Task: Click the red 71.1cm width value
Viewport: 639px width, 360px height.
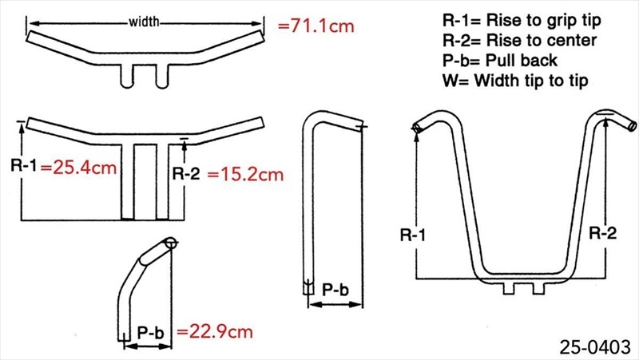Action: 316,26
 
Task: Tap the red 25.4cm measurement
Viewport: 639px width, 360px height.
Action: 78,168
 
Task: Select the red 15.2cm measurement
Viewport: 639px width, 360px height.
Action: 246,174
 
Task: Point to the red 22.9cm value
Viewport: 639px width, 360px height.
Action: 215,331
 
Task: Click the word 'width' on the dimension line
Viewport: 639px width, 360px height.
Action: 144,22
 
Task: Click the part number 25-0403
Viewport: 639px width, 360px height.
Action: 595,347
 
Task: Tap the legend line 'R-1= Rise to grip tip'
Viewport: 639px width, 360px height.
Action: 522,20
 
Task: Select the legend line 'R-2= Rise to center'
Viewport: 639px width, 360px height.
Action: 520,41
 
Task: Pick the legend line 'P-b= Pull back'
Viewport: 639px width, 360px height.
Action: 500,61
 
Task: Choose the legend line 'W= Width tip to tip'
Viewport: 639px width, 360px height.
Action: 515,81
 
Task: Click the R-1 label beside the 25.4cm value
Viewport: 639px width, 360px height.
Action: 24,165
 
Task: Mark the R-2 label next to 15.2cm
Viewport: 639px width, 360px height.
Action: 186,173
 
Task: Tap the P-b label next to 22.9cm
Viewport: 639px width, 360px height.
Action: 150,333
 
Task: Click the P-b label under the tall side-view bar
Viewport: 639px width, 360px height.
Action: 335,290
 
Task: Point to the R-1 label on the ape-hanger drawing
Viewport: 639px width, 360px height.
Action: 413,235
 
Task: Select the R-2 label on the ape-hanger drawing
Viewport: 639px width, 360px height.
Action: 603,233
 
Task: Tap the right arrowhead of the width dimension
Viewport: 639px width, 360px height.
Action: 257,24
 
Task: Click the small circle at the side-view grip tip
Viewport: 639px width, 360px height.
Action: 172,244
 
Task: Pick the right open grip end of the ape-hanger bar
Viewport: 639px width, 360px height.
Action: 632,125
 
